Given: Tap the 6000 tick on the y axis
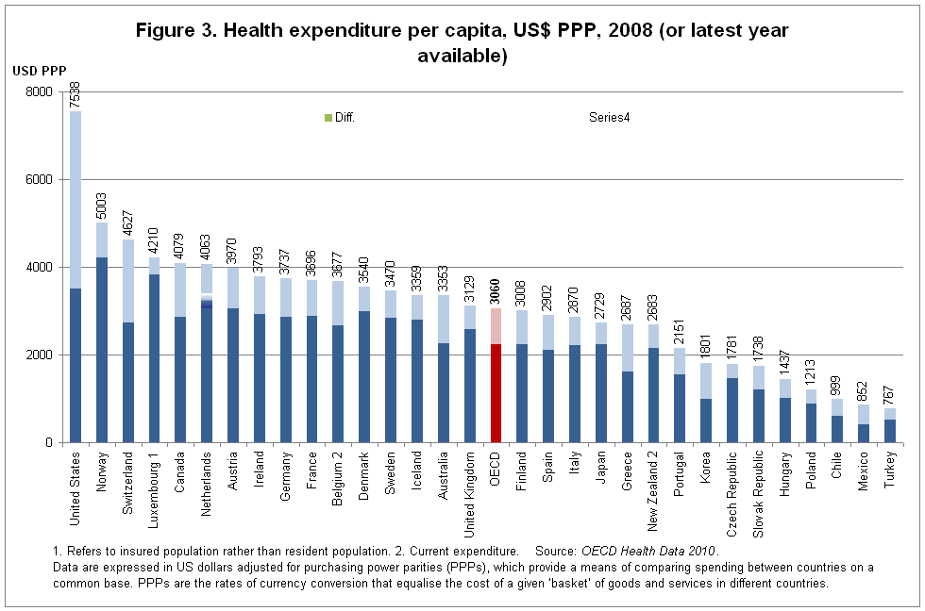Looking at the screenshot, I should (40, 179).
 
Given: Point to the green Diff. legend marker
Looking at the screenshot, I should (328, 118).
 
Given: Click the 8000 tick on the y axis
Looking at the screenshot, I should (40, 91).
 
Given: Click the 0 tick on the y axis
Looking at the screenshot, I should (49, 442).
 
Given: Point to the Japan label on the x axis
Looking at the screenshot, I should (600, 468).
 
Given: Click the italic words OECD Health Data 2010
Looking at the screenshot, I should (649, 550).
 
